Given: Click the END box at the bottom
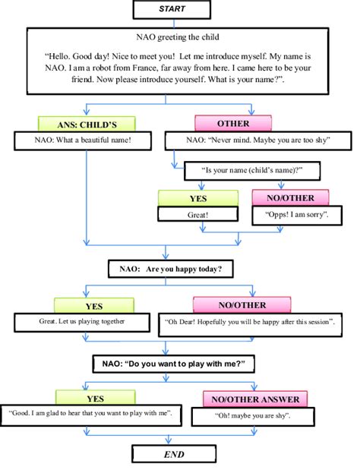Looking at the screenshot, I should (174, 454).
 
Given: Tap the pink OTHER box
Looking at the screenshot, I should (232, 123).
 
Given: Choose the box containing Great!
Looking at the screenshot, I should (197, 214).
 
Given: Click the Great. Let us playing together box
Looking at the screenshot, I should (83, 322).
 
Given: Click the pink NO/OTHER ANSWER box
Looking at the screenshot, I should (254, 399).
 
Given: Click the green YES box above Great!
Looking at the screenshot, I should (197, 197).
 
